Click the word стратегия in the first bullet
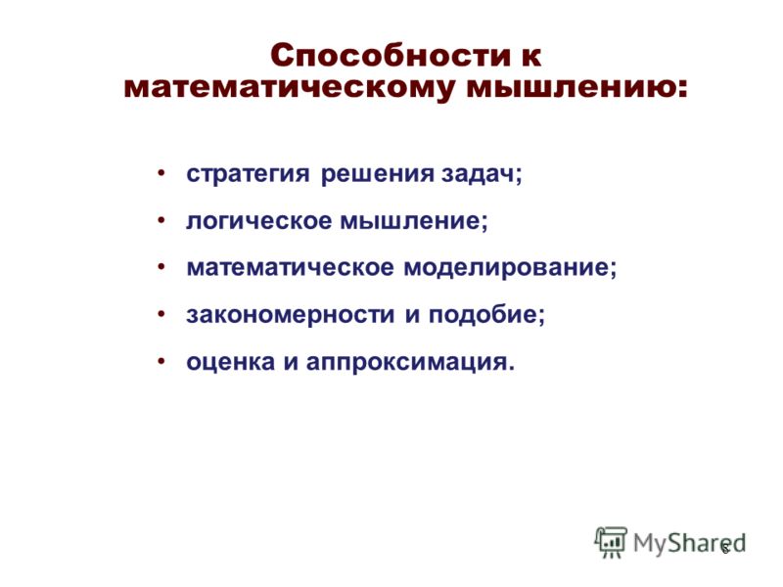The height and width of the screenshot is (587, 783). coord(248,175)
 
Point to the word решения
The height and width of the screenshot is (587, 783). coord(377,175)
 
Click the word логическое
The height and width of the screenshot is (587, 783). coord(258,221)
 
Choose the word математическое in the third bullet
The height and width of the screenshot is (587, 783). coord(290,267)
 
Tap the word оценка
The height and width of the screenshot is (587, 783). coord(231,362)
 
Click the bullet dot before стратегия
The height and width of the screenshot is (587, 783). coord(161,173)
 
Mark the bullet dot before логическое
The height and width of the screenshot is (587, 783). coord(161,220)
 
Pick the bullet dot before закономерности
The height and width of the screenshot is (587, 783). coord(161,314)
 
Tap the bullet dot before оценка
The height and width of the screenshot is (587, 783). coord(161,361)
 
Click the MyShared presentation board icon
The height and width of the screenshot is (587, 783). coord(610,542)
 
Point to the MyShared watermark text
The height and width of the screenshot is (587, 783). coord(689,544)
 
